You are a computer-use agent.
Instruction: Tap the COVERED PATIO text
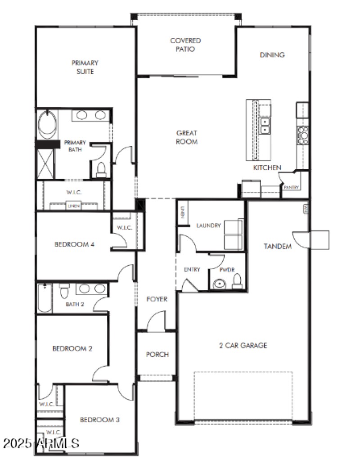point(185,45)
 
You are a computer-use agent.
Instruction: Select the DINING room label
point(272,55)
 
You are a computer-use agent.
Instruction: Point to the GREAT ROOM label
point(187,137)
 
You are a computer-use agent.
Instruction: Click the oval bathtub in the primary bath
point(47,124)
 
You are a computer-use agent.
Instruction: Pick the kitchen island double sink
point(265,125)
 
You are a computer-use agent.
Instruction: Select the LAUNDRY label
point(209,226)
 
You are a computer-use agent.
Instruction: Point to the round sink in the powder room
point(220,284)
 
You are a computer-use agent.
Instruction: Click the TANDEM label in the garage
point(277,246)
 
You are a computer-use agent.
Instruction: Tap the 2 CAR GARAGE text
point(243,346)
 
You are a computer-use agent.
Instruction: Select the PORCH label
point(157,354)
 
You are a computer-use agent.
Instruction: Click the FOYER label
point(157,299)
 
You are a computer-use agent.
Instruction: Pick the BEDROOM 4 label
point(74,244)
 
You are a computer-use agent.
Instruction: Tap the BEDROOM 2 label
point(72,348)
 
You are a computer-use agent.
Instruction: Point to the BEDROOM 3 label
point(99,420)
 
